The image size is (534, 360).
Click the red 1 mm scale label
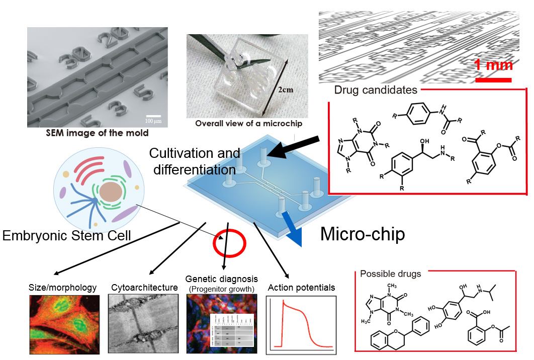pyautogui.click(x=493, y=65)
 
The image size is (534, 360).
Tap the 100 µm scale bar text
pyautogui.click(x=154, y=121)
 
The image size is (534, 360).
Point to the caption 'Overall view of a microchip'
pyautogui.click(x=249, y=123)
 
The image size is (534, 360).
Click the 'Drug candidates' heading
pyautogui.click(x=375, y=91)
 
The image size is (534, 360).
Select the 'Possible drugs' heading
pyautogui.click(x=390, y=274)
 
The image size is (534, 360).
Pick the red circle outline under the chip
pyautogui.click(x=229, y=243)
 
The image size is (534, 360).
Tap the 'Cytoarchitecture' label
pyautogui.click(x=144, y=288)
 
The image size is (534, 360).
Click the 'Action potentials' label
pyautogui.click(x=301, y=288)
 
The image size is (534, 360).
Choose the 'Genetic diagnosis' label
pyautogui.click(x=221, y=279)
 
